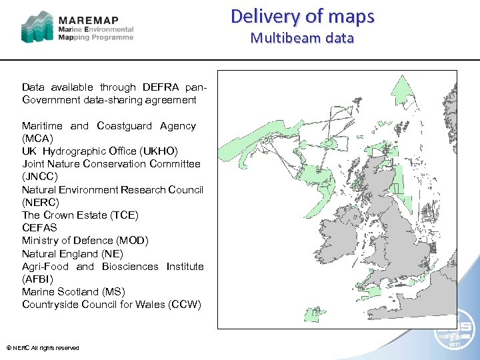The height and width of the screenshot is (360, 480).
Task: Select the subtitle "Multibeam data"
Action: click(x=302, y=38)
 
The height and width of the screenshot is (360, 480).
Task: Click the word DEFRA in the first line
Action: click(x=158, y=87)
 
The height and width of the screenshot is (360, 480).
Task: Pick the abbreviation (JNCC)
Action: click(x=39, y=177)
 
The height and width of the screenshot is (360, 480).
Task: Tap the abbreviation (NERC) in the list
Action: click(x=40, y=202)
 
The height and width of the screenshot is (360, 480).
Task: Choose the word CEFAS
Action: click(x=40, y=227)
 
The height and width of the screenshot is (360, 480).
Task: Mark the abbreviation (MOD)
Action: click(x=132, y=240)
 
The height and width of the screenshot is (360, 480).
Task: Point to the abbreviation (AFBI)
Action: click(x=37, y=279)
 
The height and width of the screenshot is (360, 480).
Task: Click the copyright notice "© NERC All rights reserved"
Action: click(x=43, y=347)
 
